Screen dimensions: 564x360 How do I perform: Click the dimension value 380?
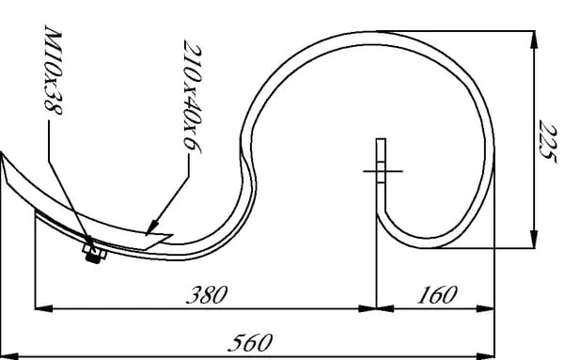[207, 294]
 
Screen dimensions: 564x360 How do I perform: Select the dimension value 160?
[437, 294]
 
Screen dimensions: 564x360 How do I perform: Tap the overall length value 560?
[250, 343]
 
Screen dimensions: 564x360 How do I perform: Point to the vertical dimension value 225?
[548, 141]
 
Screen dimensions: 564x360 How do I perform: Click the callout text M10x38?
[54, 70]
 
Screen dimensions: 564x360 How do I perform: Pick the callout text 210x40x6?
[193, 97]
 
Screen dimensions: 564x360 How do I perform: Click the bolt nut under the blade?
[95, 253]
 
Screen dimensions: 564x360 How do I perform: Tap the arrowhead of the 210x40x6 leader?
[152, 227]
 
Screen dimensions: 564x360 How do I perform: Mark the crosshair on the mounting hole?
[383, 171]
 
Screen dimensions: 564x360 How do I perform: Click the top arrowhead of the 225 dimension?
[534, 39]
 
